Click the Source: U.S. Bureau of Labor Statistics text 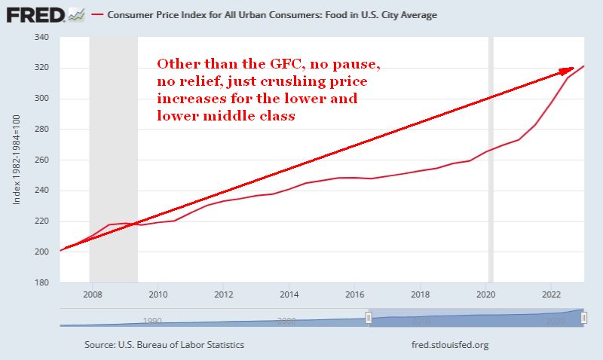[x=164, y=345]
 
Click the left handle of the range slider [x=369, y=318]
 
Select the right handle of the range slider [x=584, y=318]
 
